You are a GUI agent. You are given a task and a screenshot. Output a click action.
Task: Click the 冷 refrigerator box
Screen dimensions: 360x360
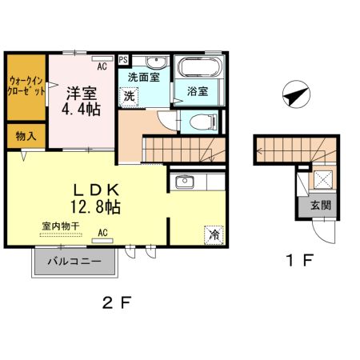(x=214, y=235)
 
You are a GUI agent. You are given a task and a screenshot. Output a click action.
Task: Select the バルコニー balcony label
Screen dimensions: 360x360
(x=73, y=262)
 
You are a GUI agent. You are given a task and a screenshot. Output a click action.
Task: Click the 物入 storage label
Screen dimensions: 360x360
(x=26, y=136)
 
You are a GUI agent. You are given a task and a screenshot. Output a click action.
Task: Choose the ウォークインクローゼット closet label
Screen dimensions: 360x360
(x=26, y=86)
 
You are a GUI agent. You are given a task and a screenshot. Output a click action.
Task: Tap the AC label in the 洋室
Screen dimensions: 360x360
(x=102, y=57)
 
